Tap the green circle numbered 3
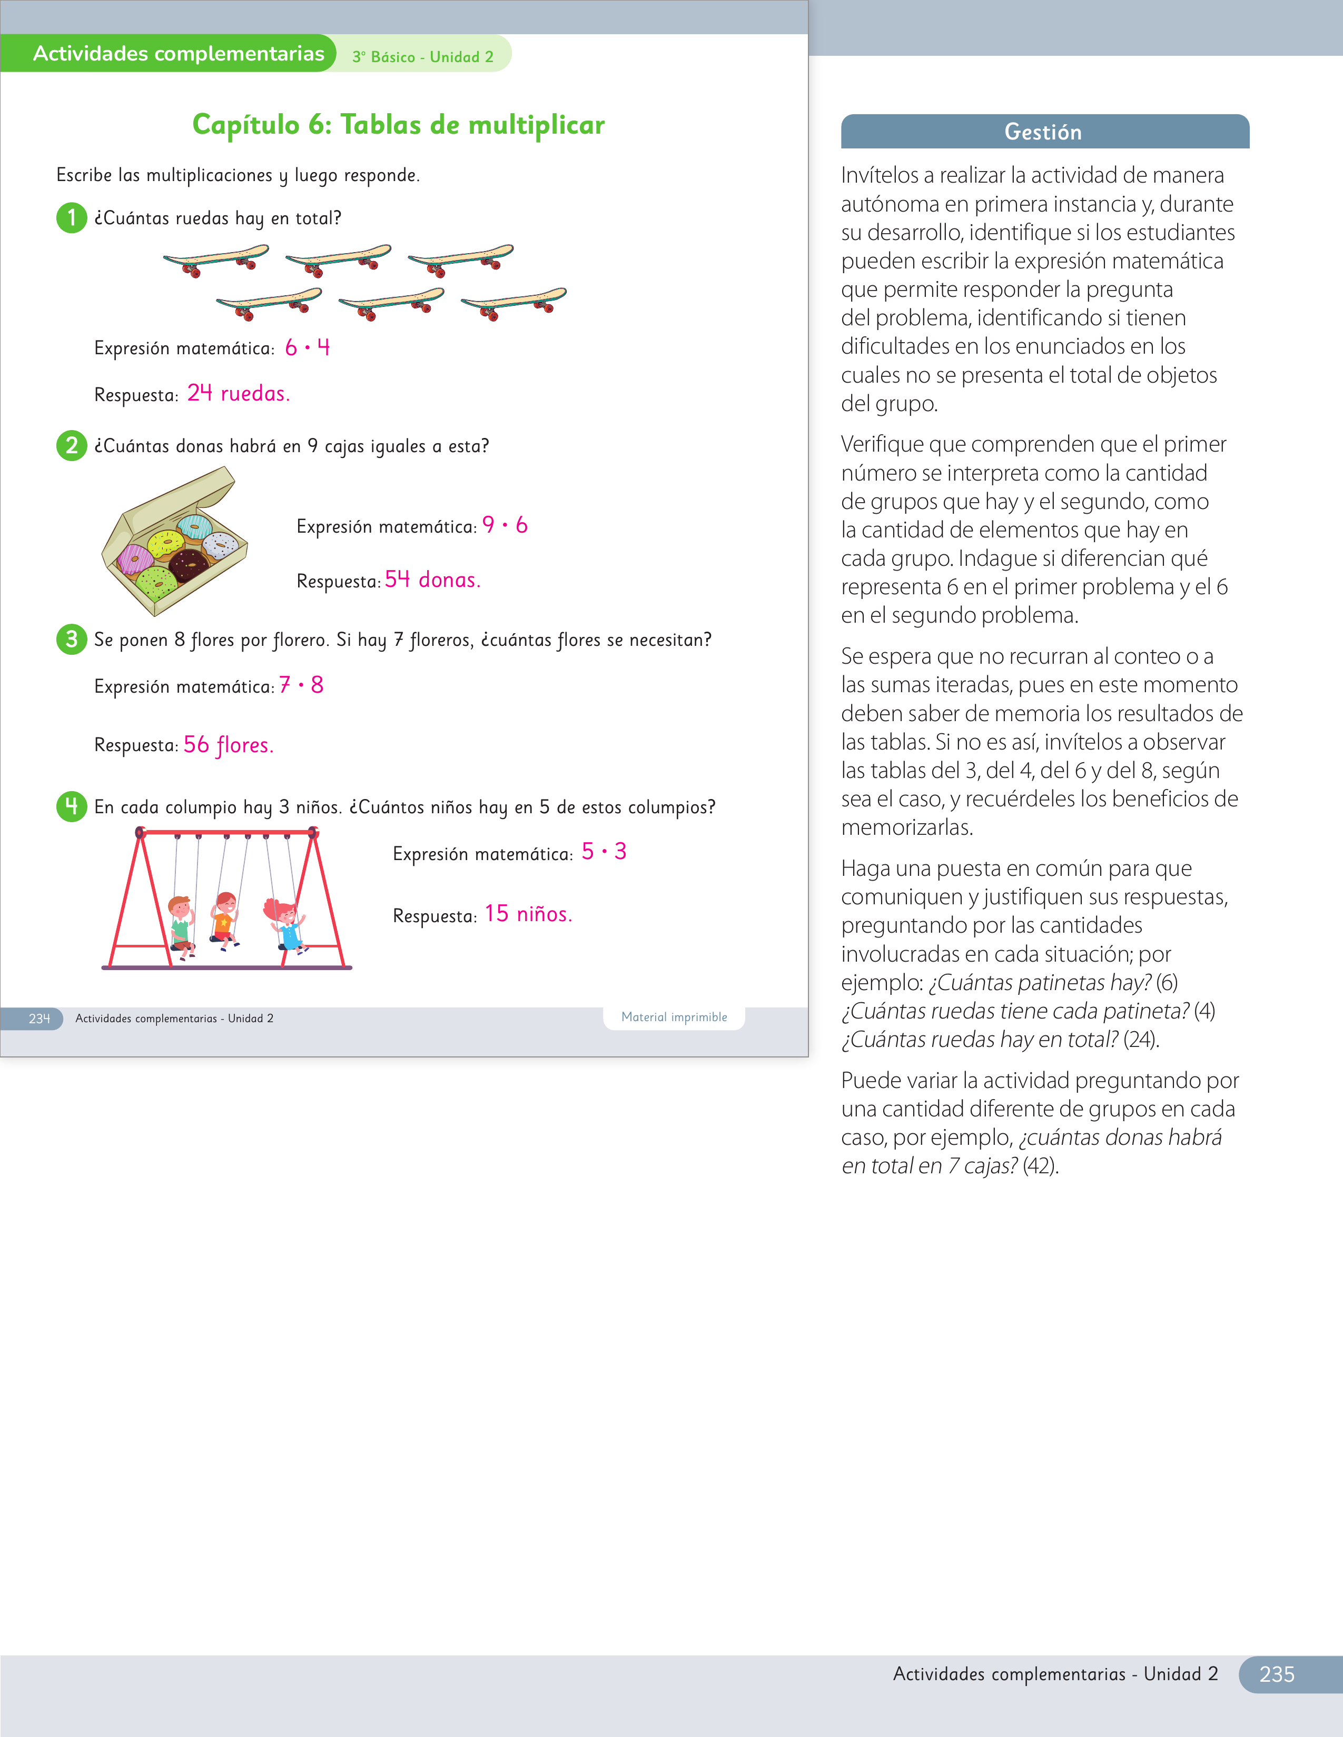pos(72,638)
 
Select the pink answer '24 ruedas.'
pos(239,393)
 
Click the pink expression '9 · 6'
pos(505,525)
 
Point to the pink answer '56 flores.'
pos(229,744)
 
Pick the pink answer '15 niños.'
pos(528,914)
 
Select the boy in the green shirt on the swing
pos(181,926)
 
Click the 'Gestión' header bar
pos(1045,131)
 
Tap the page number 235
pos(1277,1674)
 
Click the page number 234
pos(39,1018)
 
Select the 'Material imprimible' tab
pos(674,1017)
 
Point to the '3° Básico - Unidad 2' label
pos(422,56)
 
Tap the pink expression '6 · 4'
pos(307,347)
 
